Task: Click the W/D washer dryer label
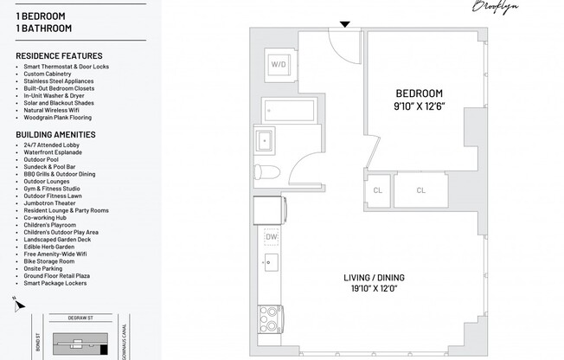pos(279,64)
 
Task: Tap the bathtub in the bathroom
pos(279,110)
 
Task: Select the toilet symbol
pos(270,170)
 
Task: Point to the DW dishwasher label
pos(271,235)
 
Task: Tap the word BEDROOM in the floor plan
pos(419,93)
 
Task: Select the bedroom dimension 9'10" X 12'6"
pos(420,106)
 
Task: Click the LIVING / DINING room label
pos(374,278)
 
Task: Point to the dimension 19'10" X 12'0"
pos(374,291)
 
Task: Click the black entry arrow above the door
pos(345,24)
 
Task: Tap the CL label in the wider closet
pos(420,190)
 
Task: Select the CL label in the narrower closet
pos(378,190)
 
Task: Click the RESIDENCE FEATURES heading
pos(59,56)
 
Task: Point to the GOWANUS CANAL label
pos(125,337)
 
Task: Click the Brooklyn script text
pos(496,7)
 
